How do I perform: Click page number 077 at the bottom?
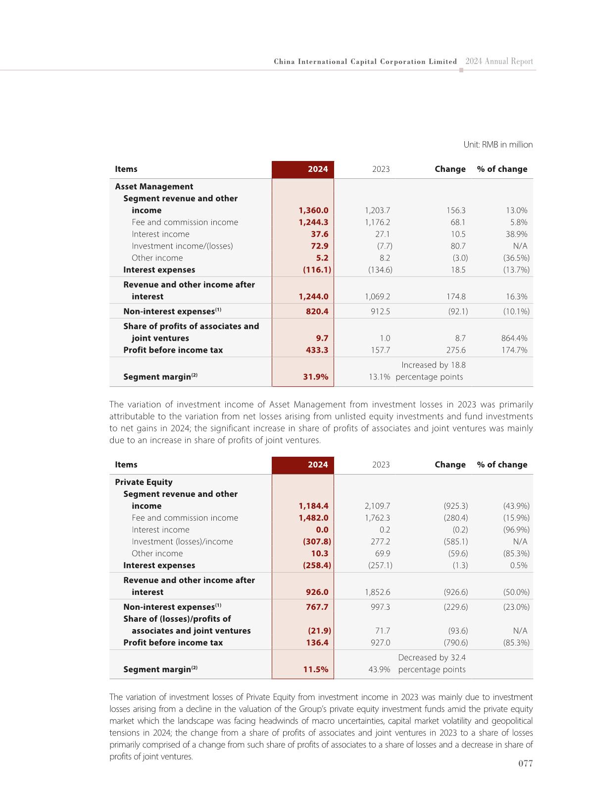coord(525,764)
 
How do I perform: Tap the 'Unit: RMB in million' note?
coord(498,145)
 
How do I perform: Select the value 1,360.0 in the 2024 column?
coord(313,211)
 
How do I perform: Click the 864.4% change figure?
coord(514,338)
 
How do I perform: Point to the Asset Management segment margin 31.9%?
coord(316,377)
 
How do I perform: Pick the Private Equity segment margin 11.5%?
coord(316,670)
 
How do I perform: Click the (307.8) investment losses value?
coord(317,542)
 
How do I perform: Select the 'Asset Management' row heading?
coord(154,187)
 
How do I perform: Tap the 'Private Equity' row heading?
coord(144,482)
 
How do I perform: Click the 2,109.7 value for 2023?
coord(377,506)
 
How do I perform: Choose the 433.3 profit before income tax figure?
coord(317,350)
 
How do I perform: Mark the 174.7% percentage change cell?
coord(514,350)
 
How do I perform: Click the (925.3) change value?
coord(455,506)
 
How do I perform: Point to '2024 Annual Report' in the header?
coord(499,62)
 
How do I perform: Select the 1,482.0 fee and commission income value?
coord(313,518)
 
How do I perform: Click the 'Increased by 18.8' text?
coord(433,365)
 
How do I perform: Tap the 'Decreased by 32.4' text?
coord(432,658)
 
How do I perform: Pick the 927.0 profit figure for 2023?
coord(380,643)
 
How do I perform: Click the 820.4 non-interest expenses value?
coord(317,312)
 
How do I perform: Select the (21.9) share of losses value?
coord(319,631)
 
